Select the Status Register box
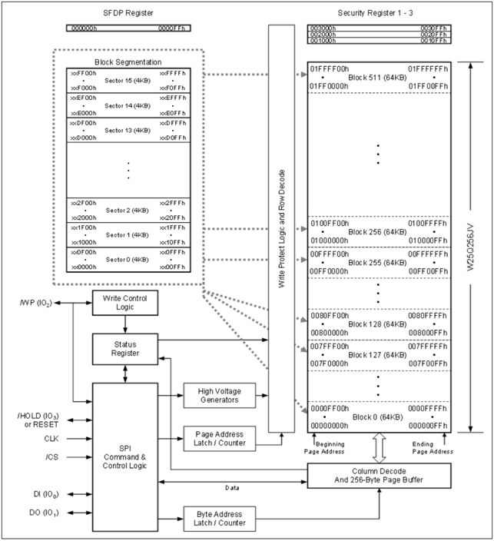tap(119, 349)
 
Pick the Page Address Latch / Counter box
tap(215, 440)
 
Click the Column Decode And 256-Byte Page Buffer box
tap(380, 476)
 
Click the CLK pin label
tap(51, 438)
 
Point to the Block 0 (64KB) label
tap(380, 416)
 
